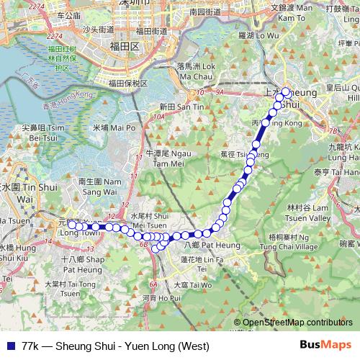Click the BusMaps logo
[x=325, y=344]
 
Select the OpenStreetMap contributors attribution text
[x=293, y=323]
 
